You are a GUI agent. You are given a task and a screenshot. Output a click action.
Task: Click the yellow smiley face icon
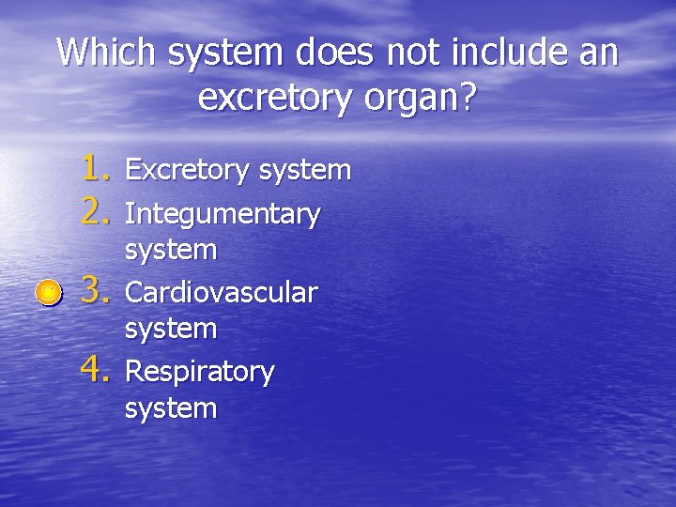(x=47, y=294)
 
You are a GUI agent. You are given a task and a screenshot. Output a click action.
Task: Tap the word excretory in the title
(x=276, y=98)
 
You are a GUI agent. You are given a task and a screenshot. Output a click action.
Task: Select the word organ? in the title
(x=420, y=98)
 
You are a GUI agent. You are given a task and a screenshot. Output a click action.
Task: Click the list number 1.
(x=97, y=169)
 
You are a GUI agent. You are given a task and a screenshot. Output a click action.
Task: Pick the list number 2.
(x=97, y=214)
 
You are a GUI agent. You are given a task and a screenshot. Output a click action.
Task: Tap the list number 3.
(x=97, y=292)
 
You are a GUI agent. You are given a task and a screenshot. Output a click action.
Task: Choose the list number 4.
(x=97, y=371)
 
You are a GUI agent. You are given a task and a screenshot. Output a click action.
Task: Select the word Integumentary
(x=223, y=215)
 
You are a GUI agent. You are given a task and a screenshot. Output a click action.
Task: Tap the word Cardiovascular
(x=222, y=293)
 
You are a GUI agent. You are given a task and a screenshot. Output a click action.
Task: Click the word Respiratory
(x=200, y=372)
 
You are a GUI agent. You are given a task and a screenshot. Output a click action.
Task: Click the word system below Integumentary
(x=171, y=251)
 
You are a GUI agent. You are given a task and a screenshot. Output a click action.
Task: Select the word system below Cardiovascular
(x=171, y=330)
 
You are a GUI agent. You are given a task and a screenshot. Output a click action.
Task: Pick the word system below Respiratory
(x=171, y=408)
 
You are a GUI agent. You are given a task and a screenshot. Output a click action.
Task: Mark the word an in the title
(x=597, y=53)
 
